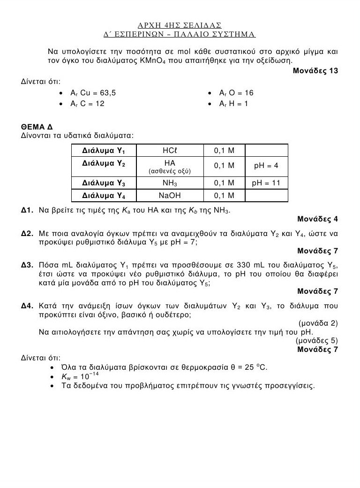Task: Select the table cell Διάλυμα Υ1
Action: pyautogui.click(x=103, y=151)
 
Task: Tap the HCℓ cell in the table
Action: pyautogui.click(x=169, y=151)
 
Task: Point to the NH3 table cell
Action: pyautogui.click(x=169, y=183)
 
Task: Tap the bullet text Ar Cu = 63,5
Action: pyautogui.click(x=93, y=93)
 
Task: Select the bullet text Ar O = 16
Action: pyautogui.click(x=236, y=93)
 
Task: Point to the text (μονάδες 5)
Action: pyautogui.click(x=316, y=340)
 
